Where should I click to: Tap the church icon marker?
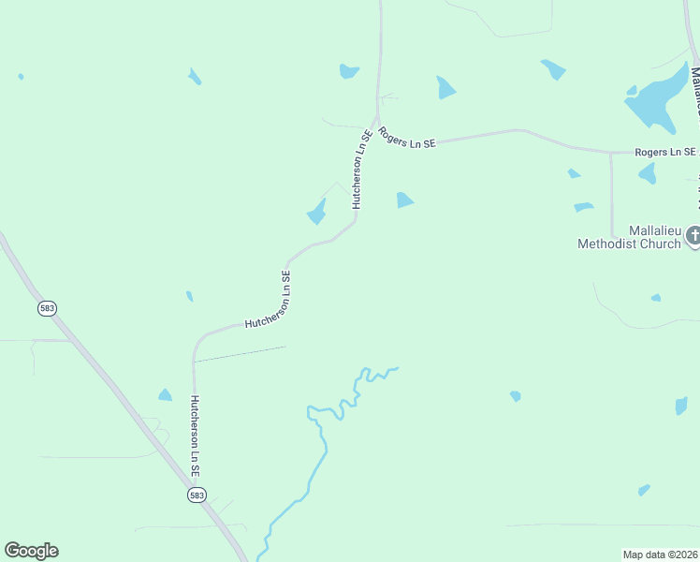(693, 235)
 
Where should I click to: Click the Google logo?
(31, 551)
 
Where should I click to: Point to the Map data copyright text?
(660, 554)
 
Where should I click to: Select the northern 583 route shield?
(47, 307)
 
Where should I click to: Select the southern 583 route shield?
(197, 495)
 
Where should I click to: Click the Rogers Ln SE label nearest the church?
(665, 152)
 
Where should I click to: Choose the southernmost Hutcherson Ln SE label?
(196, 435)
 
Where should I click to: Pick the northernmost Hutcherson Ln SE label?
(361, 169)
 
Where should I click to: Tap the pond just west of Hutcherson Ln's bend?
(317, 213)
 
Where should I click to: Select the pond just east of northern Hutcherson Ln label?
(404, 200)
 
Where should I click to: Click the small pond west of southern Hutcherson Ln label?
(165, 395)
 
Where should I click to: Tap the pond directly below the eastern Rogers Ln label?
(647, 173)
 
